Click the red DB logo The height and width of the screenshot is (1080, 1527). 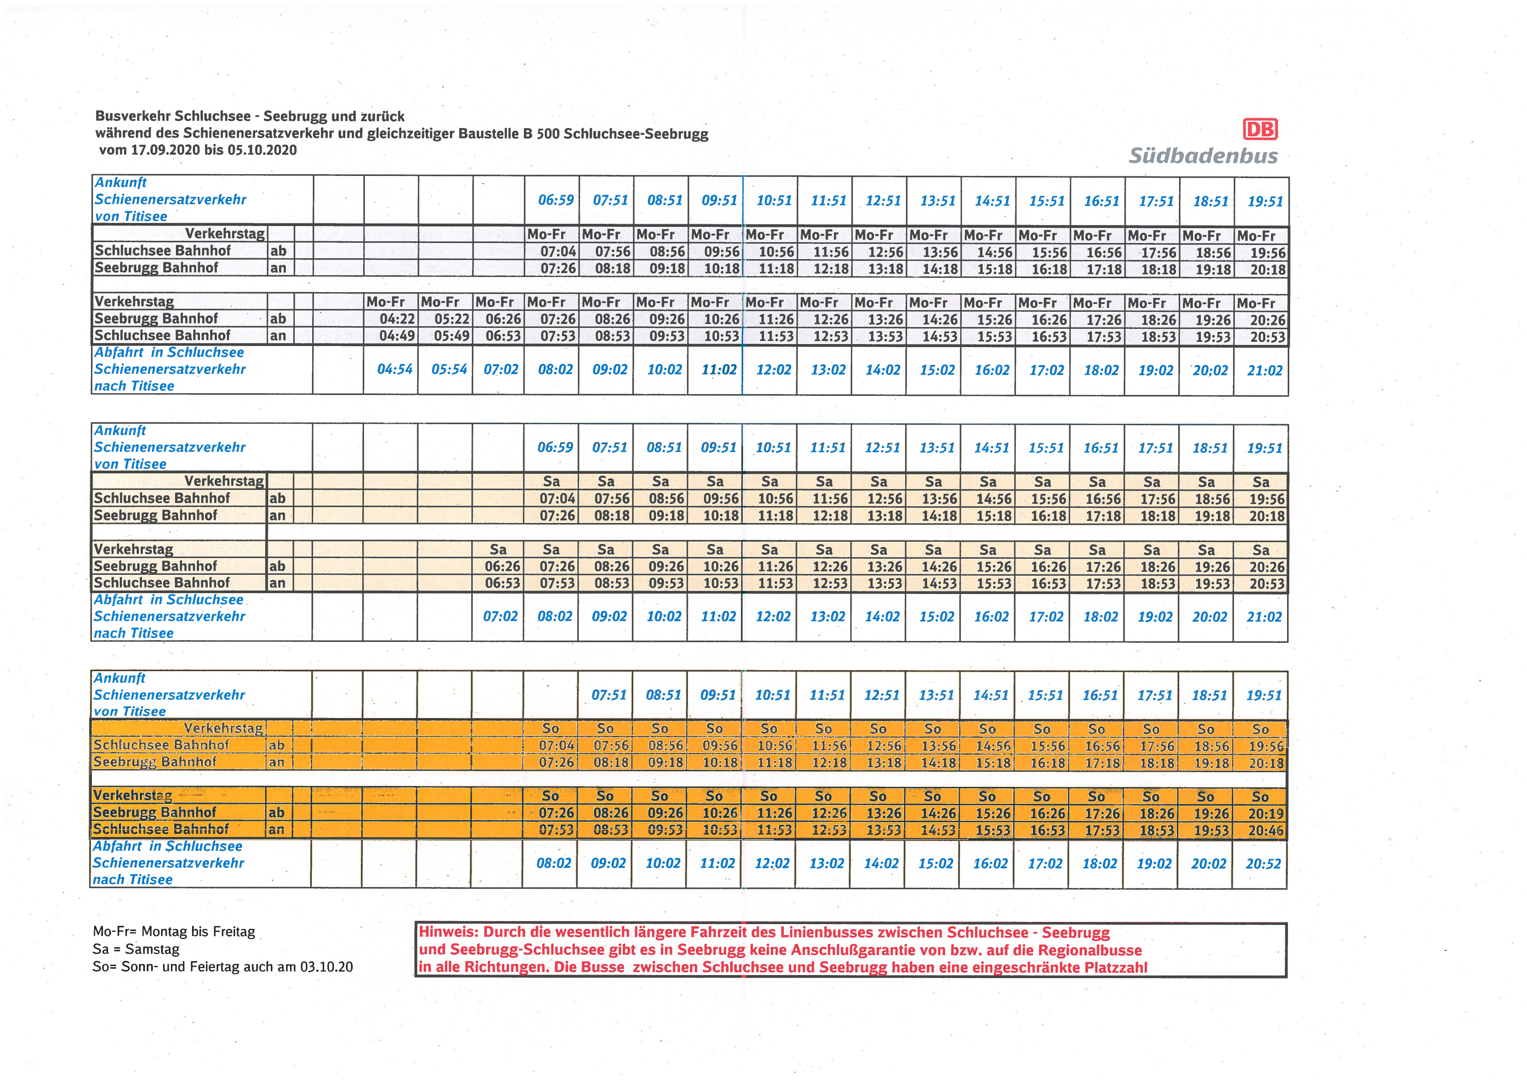click(1260, 129)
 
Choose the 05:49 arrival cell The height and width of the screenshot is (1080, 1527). click(452, 336)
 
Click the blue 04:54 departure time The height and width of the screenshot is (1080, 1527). click(395, 369)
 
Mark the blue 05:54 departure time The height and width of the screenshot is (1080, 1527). click(450, 369)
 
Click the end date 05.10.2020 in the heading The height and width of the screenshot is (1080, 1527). click(262, 150)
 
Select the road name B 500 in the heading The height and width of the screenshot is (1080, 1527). click(541, 134)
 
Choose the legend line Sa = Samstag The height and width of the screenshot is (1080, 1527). click(136, 949)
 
